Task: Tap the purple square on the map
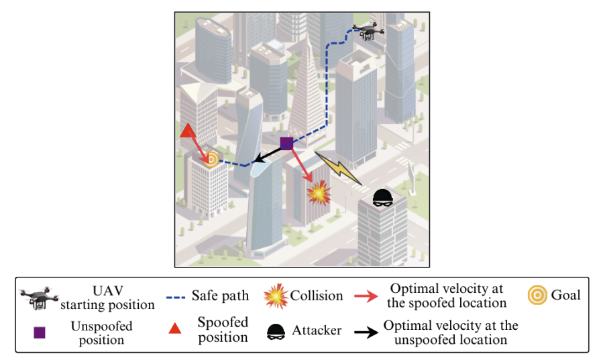[x=286, y=142]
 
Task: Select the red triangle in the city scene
[x=188, y=130]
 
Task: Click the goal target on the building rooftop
[x=211, y=158]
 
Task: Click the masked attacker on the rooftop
[x=383, y=197]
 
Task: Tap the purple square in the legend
[x=40, y=332]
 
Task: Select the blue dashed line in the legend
[x=176, y=296]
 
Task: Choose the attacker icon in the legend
[x=274, y=331]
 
